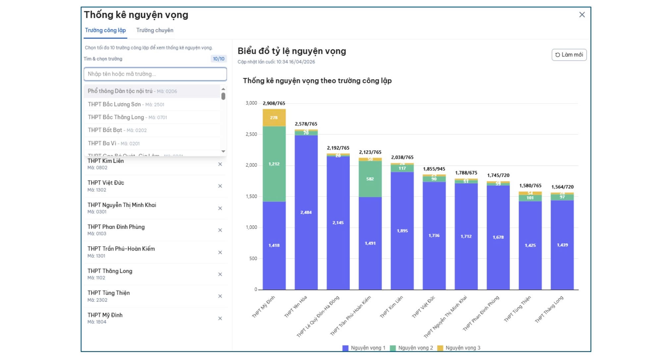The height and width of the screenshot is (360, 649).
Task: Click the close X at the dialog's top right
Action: coord(582,15)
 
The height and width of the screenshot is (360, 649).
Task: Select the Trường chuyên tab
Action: coord(155,30)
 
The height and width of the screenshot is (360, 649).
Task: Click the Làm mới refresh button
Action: coord(569,55)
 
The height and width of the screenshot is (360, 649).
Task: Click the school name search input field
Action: coord(155,74)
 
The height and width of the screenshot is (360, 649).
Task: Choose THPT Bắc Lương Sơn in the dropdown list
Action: coord(126,104)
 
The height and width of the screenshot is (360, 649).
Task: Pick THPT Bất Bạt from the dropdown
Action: coord(117,130)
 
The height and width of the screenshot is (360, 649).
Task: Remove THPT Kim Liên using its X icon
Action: coord(220,164)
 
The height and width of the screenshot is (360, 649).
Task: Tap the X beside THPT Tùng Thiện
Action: coord(220,296)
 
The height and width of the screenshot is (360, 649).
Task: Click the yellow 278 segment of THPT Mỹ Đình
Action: coord(274,118)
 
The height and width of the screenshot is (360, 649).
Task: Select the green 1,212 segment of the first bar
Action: coord(274,164)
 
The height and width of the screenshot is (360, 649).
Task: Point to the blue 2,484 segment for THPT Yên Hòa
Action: coord(306,212)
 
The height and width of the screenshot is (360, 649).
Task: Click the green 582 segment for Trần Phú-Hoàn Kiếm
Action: coord(370,179)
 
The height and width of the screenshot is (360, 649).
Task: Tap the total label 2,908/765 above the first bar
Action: coord(274,103)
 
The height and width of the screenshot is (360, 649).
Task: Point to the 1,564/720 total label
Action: coord(562,187)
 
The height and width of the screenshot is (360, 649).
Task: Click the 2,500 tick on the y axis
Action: coord(251,134)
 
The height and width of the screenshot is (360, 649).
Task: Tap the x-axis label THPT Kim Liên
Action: coord(392,307)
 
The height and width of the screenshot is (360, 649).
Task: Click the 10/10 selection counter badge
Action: coord(219,59)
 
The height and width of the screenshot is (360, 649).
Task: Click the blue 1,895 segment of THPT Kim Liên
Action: coord(402,231)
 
